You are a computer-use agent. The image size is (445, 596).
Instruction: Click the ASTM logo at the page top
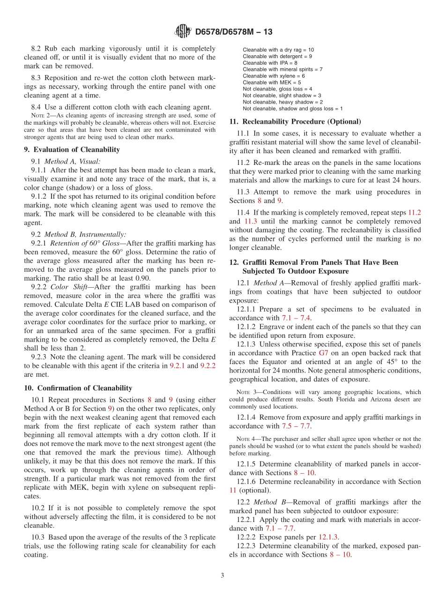click(x=183, y=31)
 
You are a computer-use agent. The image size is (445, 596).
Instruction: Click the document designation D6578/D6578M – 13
click(x=233, y=32)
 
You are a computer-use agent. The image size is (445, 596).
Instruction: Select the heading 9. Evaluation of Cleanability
click(x=72, y=149)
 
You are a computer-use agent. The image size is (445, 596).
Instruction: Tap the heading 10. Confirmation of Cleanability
click(x=78, y=388)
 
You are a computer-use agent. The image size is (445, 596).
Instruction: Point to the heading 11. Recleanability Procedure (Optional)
click(x=295, y=121)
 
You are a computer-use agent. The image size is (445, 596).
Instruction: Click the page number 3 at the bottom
click(x=222, y=575)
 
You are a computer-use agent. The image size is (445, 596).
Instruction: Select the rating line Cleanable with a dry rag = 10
click(x=278, y=50)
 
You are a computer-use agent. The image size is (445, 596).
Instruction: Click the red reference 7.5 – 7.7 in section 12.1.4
click(x=296, y=426)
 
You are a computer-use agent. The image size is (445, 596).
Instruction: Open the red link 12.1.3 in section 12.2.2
click(x=328, y=537)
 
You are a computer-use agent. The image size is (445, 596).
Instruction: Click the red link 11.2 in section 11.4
click(x=414, y=212)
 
